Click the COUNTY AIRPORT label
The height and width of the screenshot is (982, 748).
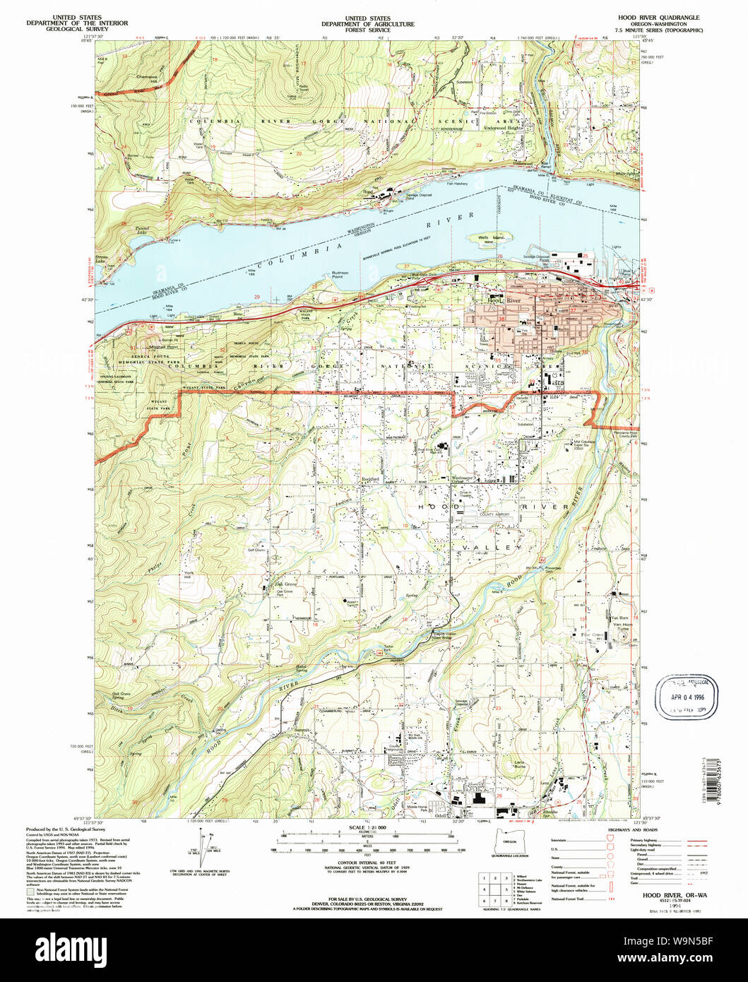(496, 515)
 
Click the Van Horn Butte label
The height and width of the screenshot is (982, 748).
(622, 625)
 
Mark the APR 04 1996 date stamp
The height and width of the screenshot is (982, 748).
(687, 697)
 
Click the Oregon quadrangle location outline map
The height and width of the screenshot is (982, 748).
(508, 842)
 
